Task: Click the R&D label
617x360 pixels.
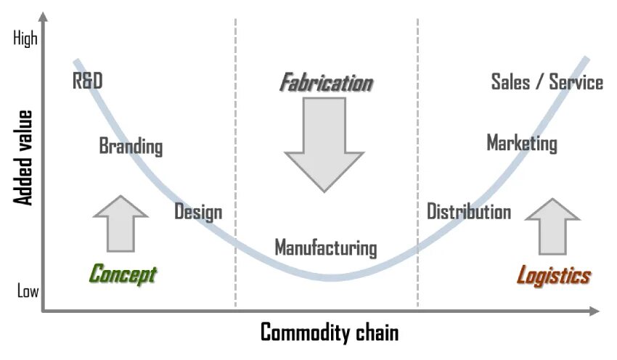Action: point(88,81)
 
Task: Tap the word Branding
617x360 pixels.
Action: point(131,147)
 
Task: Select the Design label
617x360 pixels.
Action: point(198,213)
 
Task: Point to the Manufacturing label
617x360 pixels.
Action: point(326,248)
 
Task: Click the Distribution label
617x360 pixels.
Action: point(469,212)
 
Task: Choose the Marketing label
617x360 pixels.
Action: point(522,143)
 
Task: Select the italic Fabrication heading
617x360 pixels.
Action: point(326,83)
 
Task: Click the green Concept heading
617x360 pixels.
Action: point(123,275)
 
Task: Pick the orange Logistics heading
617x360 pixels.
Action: point(553,276)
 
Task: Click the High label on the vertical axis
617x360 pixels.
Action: point(25,39)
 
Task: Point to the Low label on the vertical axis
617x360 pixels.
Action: point(28,292)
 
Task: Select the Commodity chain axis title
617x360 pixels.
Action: point(330,333)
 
